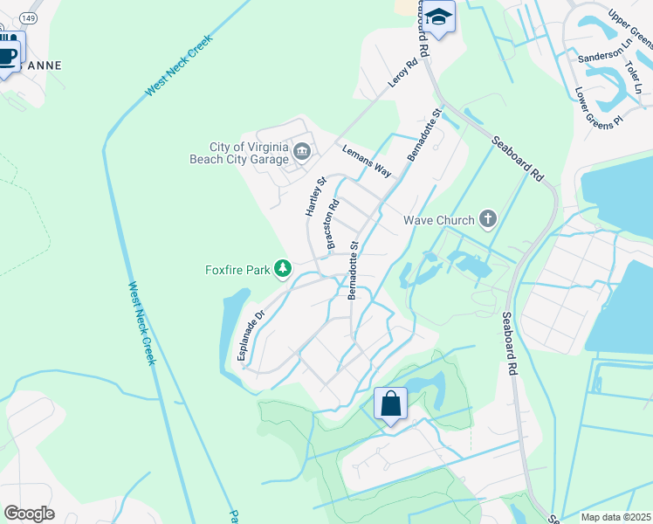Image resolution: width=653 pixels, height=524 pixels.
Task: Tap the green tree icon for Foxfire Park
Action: tap(283, 269)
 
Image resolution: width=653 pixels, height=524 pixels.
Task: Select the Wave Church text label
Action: tap(439, 220)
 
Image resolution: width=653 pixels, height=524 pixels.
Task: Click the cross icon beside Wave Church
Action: tap(488, 218)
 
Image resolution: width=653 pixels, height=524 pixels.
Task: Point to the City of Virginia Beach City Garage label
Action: tap(237, 153)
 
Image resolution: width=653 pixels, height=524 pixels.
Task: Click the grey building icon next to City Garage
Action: tap(302, 152)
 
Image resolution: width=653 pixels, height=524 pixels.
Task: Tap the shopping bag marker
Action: tap(389, 404)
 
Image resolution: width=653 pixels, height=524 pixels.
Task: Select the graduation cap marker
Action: tap(440, 17)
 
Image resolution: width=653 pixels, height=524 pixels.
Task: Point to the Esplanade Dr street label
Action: tap(250, 336)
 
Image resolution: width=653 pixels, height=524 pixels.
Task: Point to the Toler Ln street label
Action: tap(633, 78)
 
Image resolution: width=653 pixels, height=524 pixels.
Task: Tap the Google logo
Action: tap(29, 513)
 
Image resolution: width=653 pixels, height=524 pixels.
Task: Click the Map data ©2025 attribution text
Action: tap(616, 517)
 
